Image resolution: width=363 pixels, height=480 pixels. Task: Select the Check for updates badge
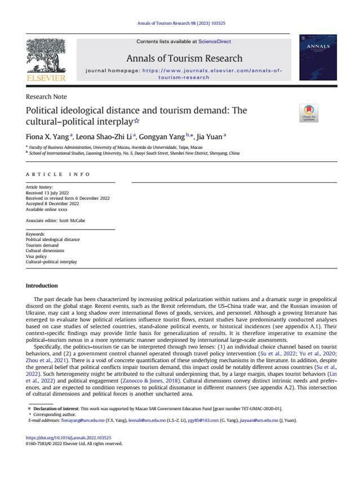[309, 113]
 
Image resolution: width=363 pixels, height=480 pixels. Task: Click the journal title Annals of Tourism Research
[184, 59]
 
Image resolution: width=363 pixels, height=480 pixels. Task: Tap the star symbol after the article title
[135, 121]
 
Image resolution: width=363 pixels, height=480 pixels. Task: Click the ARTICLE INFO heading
[58, 174]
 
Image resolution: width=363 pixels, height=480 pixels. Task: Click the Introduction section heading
[42, 286]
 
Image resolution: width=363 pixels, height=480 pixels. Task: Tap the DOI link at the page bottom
[69, 438]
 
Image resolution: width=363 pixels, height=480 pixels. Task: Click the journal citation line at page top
[181, 23]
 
